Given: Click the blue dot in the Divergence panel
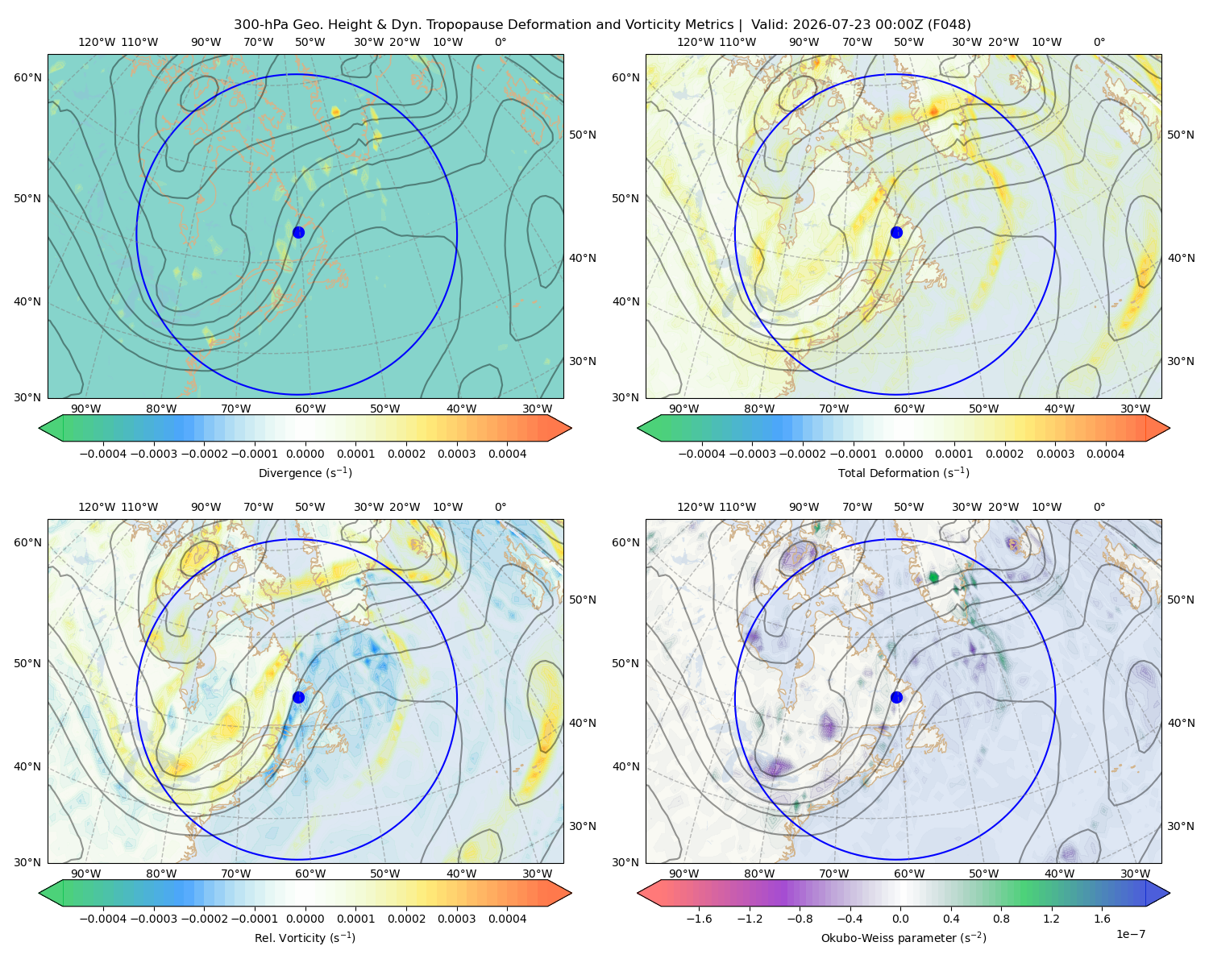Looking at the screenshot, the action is (298, 232).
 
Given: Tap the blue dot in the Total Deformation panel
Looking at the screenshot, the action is (896, 232).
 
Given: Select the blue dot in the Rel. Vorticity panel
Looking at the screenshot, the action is (298, 697).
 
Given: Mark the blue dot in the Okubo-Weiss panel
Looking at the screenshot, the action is (896, 697).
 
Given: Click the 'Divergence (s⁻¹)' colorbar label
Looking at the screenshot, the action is (305, 472).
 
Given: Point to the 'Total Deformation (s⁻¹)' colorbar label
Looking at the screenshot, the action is (904, 472).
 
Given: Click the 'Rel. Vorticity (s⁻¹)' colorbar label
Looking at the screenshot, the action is (305, 937).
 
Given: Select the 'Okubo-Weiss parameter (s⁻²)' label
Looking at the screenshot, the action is (904, 937).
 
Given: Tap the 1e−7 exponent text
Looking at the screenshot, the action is (1130, 934).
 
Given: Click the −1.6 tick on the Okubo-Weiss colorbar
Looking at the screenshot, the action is (699, 919).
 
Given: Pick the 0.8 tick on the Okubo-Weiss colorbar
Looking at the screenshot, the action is (1001, 919).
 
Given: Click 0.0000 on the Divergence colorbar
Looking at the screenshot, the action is (305, 454).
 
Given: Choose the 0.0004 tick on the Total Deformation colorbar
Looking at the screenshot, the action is (1105, 454).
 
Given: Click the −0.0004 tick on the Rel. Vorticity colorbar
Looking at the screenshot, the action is (103, 919).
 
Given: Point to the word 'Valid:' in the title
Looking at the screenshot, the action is (770, 25).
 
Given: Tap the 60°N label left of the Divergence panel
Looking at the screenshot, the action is (27, 77).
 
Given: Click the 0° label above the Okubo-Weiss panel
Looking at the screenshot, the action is (1099, 507).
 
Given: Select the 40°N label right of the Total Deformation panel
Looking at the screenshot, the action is (1181, 258).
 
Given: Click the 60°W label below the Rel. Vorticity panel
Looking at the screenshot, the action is (310, 874).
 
